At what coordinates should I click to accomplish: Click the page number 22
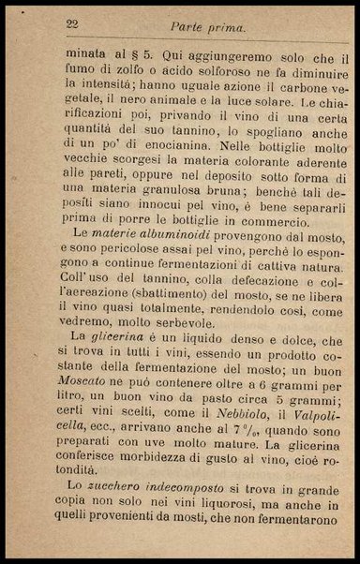pos(71,23)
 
